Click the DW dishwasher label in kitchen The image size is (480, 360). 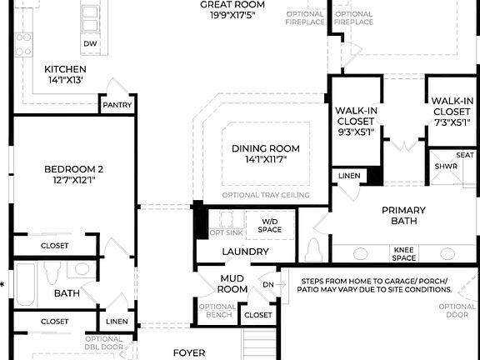pos(88,43)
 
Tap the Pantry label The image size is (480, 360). pos(116,105)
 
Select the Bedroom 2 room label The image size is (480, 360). pos(73,169)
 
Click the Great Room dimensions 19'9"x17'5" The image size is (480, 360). pos(232,16)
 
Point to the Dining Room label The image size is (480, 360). pos(265,149)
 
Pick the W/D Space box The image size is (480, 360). pos(269,223)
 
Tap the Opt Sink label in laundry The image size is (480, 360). pos(226,232)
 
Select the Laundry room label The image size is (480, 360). pos(245,252)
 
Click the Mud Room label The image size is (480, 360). pos(232,283)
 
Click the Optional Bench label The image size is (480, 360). pos(217,311)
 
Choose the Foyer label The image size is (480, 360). pos(188,352)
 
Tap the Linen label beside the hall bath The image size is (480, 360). pos(117,322)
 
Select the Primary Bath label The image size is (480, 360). pos(403,215)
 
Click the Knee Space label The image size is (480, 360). pos(404,252)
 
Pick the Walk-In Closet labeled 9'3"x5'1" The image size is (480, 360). pos(355,121)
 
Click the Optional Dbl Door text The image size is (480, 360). pos(103,342)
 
